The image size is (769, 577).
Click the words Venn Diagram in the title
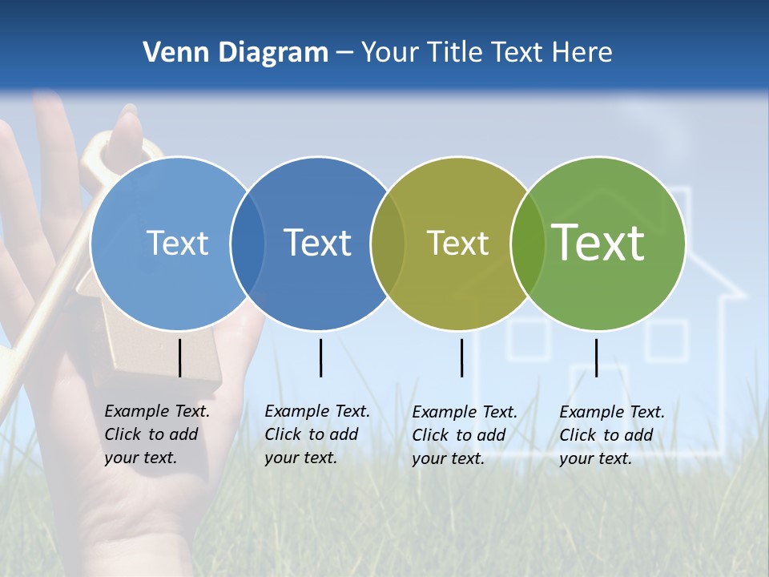pos(236,53)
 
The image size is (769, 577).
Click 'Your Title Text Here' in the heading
pos(486,53)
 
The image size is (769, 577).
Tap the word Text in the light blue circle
pos(177,243)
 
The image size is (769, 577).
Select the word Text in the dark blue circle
pos(318,243)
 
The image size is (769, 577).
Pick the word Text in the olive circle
pos(457,243)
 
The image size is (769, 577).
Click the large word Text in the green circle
pos(598,242)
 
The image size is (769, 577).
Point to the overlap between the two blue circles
pos(248,244)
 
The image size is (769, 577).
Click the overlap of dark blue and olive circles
pos(388,244)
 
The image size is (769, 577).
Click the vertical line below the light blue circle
pos(179,357)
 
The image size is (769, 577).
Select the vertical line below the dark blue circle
pos(320,357)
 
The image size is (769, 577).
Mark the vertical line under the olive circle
pos(461,357)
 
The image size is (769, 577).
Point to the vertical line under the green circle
pos(596,357)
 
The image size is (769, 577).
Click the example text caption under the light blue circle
pos(157,434)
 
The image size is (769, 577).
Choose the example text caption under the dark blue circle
pos(317,434)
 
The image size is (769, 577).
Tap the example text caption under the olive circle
pos(465,435)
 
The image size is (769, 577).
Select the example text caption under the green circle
pos(612,435)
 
